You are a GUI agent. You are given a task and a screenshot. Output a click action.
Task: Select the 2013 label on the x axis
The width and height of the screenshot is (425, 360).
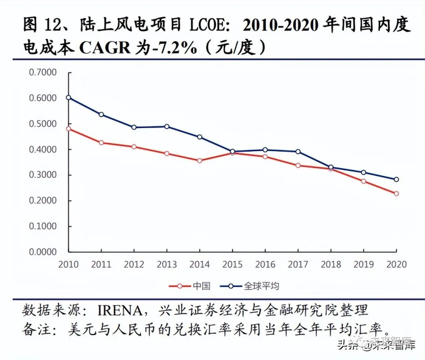(167, 264)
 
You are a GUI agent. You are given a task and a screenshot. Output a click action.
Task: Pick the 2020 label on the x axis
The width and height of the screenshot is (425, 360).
(396, 264)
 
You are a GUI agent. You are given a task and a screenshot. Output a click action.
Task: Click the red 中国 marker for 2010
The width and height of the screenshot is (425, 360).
(69, 129)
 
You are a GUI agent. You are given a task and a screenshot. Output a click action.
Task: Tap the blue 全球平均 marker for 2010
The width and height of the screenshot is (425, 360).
(69, 97)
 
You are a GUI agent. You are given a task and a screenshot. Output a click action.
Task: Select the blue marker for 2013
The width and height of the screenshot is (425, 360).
(167, 126)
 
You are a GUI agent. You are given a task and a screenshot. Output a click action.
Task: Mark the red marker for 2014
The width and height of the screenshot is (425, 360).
(200, 160)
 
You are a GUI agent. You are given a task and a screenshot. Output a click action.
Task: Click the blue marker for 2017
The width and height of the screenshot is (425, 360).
(297, 152)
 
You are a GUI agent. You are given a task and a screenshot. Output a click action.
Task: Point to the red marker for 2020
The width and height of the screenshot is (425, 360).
(396, 194)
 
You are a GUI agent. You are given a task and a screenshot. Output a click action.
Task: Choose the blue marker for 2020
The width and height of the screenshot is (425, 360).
(396, 179)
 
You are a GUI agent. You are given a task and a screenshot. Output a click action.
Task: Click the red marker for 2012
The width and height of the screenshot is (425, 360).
(134, 146)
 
